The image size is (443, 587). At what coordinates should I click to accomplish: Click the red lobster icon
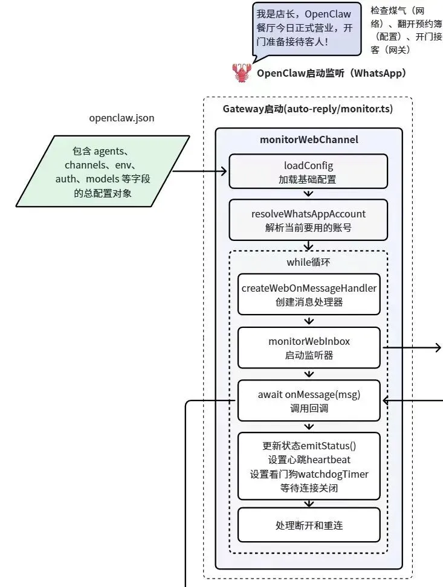(x=242, y=72)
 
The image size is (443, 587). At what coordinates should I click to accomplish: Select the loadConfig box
(x=308, y=172)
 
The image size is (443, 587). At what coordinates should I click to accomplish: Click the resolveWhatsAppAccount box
(x=308, y=220)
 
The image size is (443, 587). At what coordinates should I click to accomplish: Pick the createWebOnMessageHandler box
(x=309, y=294)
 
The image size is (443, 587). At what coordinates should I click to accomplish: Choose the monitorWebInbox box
(x=309, y=347)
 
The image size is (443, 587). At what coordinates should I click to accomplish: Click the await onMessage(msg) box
(x=309, y=400)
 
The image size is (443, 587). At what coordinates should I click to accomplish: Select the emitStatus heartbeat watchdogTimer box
(x=309, y=466)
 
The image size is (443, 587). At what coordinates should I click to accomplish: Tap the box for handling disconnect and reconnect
(x=309, y=525)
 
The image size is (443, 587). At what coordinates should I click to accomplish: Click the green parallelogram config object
(x=103, y=171)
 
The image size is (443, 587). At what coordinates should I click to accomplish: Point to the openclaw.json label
(x=121, y=118)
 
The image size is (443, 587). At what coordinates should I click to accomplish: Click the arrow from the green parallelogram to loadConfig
(x=199, y=172)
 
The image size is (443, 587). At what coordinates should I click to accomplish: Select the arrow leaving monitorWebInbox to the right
(x=412, y=347)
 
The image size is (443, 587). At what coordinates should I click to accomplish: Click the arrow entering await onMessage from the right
(x=413, y=400)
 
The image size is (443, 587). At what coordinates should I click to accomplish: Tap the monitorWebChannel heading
(x=309, y=140)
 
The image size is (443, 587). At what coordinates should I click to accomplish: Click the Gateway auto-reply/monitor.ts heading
(x=308, y=109)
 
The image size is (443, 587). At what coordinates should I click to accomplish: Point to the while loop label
(x=308, y=262)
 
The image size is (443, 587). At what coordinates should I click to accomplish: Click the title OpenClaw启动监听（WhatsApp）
(x=332, y=73)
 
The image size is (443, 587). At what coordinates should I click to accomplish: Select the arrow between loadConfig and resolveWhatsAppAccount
(x=308, y=194)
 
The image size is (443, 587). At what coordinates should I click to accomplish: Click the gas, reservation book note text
(x=406, y=30)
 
